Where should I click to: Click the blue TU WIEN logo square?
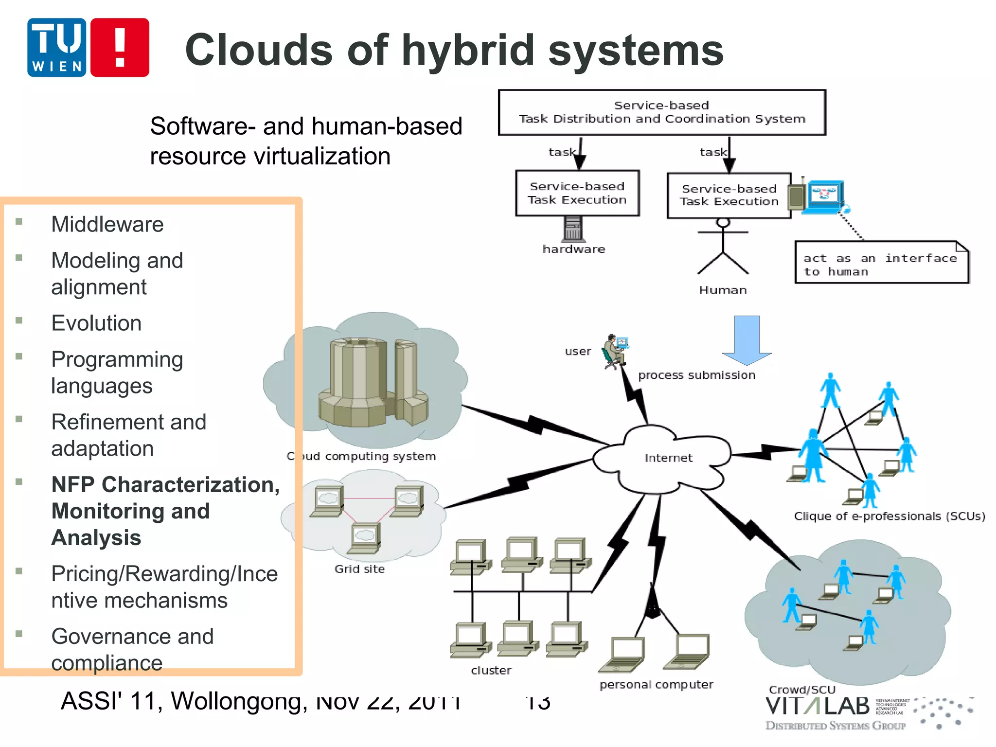57,48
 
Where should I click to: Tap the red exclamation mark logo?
120,48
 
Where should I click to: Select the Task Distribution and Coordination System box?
661,112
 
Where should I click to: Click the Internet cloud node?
667,458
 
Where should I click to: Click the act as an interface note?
881,263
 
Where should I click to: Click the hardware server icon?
573,229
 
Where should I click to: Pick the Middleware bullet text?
107,224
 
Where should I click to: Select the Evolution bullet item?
96,323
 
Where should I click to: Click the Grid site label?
359,569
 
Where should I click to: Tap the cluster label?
491,671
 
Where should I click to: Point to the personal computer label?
656,685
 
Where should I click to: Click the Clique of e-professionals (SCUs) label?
889,516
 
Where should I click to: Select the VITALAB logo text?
817,707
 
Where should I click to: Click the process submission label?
696,375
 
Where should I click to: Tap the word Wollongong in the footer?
239,701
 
